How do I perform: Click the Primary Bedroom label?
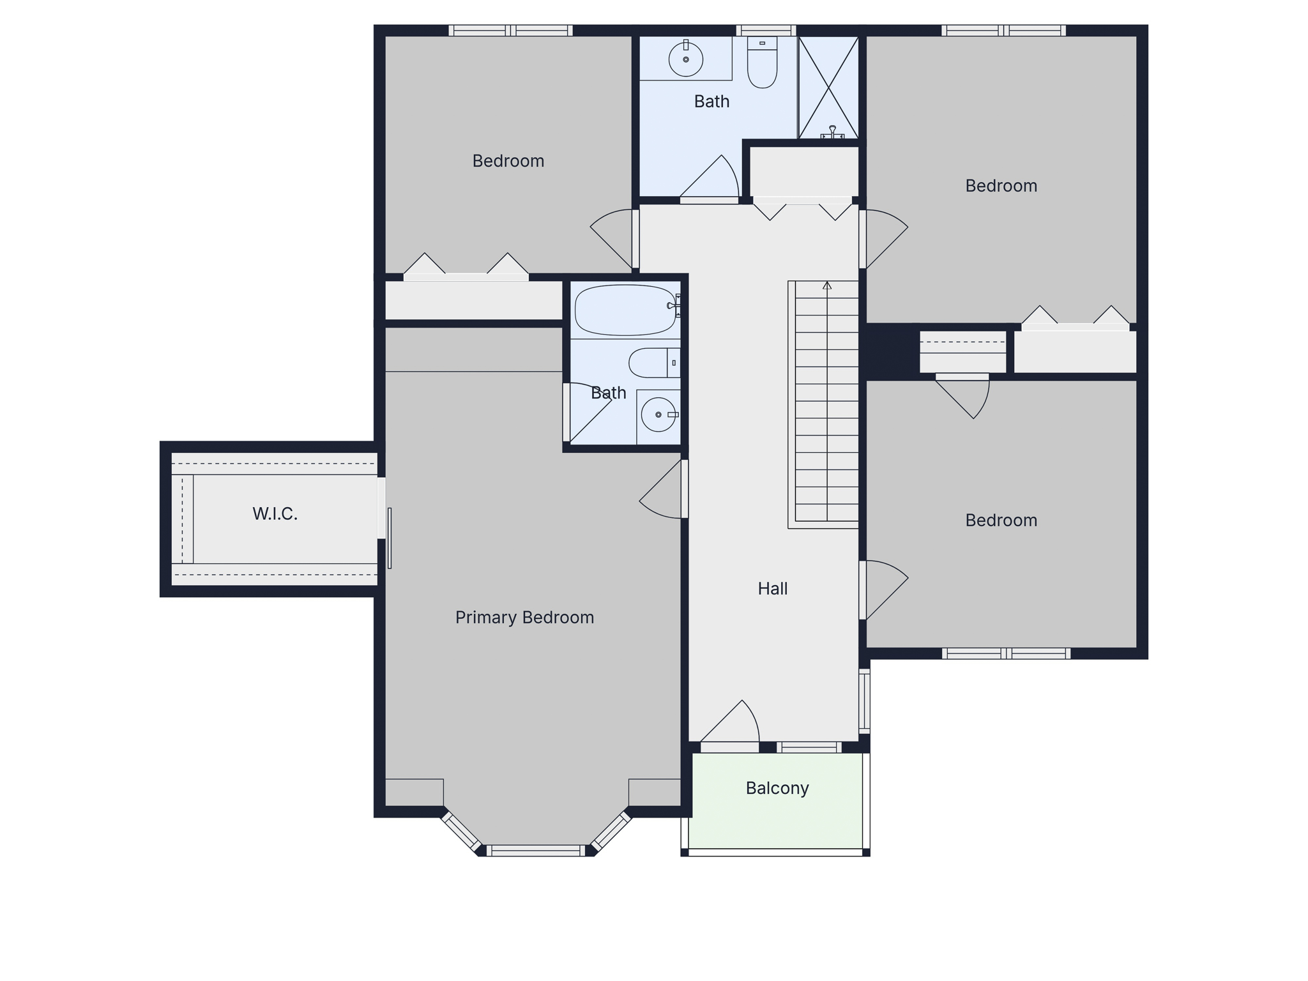point(524,618)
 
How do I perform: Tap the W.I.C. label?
point(275,513)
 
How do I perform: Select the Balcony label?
point(777,788)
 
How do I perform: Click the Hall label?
point(773,588)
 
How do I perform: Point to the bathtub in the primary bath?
point(625,310)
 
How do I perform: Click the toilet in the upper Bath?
point(762,62)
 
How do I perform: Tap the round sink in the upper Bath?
point(686,59)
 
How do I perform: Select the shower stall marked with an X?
point(828,87)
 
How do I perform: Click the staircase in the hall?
point(823,404)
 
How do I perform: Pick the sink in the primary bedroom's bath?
point(658,414)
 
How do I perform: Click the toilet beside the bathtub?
point(654,363)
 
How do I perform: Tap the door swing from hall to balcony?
point(730,722)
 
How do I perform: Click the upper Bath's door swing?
point(710,176)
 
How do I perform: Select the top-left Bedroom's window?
point(510,30)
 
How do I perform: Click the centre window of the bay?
point(536,851)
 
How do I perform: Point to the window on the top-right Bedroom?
point(1004,30)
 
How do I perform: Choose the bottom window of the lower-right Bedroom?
point(1006,653)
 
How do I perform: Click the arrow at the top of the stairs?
point(827,285)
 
